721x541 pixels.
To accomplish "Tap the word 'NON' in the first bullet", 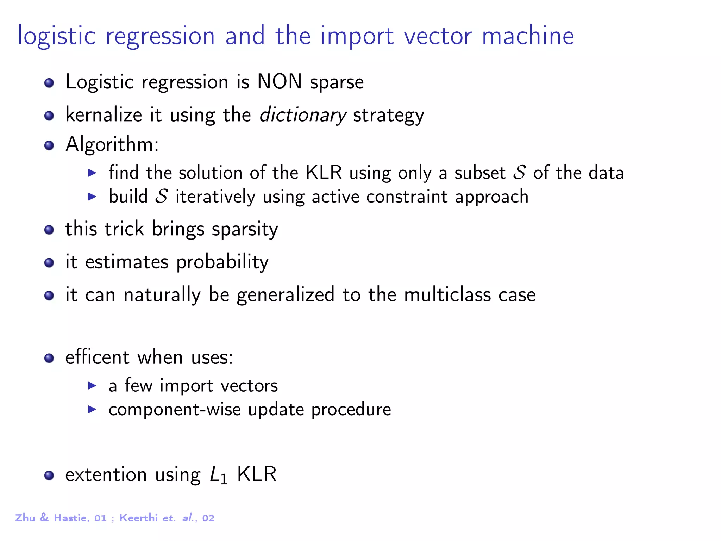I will click(280, 82).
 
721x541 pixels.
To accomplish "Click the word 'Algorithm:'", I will click(112, 144).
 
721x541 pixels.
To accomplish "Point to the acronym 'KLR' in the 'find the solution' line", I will click(324, 173).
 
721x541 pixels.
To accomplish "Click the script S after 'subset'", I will click(519, 173).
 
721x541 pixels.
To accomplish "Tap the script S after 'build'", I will click(162, 197).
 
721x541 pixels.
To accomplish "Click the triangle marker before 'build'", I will click(92, 197).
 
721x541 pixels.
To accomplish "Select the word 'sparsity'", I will click(245, 230).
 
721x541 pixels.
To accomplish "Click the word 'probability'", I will click(222, 262).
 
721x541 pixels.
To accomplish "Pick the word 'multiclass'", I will click(447, 295).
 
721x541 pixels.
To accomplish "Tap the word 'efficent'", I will click(97, 357).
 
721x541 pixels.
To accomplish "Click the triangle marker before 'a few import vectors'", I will click(92, 386).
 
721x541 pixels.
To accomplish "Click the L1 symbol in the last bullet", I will click(218, 475).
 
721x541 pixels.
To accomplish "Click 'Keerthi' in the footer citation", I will click(138, 518).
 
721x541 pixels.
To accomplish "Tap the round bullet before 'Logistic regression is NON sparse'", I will click(49, 83).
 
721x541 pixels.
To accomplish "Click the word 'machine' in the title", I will click(528, 36).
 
